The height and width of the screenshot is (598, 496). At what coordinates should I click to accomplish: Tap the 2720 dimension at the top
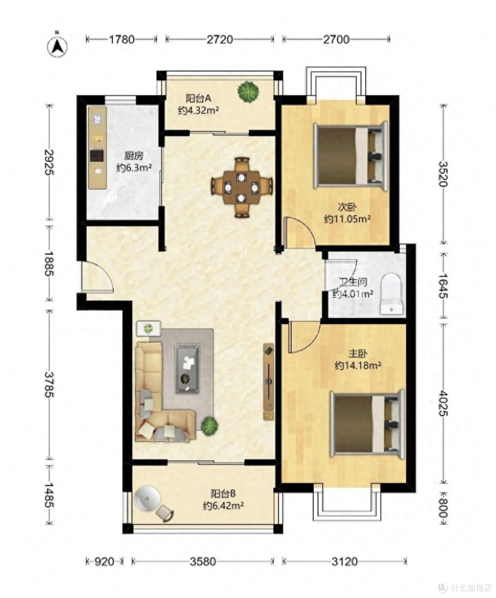tap(220, 39)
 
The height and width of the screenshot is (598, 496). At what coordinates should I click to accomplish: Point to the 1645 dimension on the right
tap(443, 286)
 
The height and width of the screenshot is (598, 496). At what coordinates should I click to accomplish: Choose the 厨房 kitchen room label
tap(134, 156)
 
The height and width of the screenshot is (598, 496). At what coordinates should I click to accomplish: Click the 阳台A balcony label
tap(198, 99)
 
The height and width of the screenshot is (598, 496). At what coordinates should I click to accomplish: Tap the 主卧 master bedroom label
tap(358, 354)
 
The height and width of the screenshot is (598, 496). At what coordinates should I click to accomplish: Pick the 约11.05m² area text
tap(347, 219)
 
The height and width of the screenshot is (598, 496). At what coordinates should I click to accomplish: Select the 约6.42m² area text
tap(223, 506)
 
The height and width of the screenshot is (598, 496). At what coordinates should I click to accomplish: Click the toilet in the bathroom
tap(391, 294)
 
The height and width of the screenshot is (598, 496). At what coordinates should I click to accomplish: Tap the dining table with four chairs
tap(242, 187)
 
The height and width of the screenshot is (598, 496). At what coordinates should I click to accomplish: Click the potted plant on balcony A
tap(248, 91)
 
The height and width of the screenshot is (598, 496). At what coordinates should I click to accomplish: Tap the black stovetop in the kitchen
tap(97, 155)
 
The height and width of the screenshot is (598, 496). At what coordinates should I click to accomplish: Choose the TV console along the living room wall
tap(268, 382)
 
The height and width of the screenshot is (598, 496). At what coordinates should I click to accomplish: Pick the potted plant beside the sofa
tap(209, 426)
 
